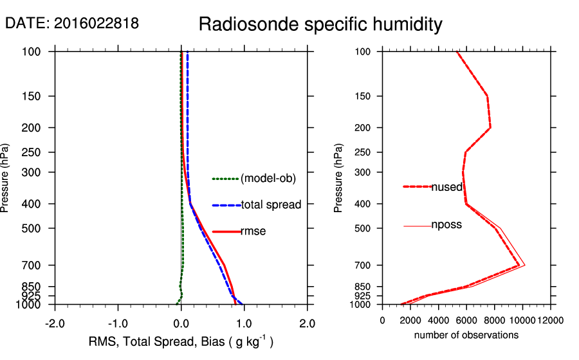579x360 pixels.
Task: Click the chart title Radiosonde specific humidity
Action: tap(320, 24)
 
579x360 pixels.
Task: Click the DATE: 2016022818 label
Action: tap(72, 23)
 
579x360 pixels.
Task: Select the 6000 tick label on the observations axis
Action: tap(466, 320)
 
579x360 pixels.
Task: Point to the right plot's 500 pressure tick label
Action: tap(364, 228)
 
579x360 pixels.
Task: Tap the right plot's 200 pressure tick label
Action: tap(364, 128)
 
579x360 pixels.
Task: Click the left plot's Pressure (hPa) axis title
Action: tap(6, 178)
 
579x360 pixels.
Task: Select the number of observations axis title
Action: tap(466, 335)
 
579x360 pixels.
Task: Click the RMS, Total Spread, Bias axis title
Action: tap(181, 341)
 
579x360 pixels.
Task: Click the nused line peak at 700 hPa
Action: tap(519, 265)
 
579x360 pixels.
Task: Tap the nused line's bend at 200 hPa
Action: tap(490, 128)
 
